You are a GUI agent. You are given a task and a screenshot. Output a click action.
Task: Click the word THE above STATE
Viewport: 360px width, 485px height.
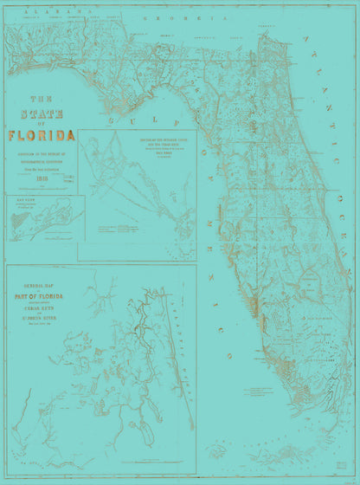click(41, 99)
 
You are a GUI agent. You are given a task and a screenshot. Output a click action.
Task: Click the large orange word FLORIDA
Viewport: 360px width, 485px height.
click(41, 135)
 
